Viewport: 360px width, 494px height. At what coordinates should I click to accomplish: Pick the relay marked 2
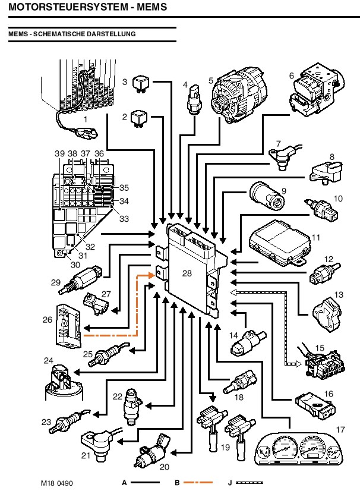tap(141, 117)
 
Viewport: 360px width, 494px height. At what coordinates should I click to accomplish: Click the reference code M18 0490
tap(58, 482)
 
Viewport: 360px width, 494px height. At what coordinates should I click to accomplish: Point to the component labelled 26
tap(68, 325)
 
